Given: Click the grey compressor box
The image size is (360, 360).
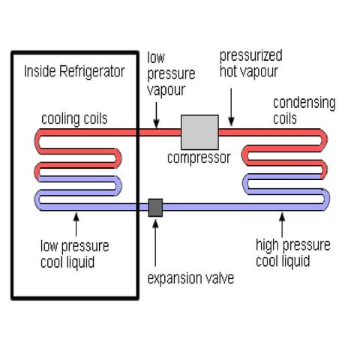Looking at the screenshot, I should click(199, 132).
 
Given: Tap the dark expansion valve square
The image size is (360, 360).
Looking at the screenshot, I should click(156, 207).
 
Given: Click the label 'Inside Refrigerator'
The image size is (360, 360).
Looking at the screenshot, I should click(74, 72).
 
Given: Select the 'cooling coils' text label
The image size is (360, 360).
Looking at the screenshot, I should click(74, 118).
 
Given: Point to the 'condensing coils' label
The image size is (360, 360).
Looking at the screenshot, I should click(304, 109).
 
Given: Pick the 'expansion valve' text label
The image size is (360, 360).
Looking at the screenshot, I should click(190, 278).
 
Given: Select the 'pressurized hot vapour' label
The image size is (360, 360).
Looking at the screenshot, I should click(250, 64).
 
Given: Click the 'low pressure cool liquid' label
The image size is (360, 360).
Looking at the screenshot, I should click(75, 253).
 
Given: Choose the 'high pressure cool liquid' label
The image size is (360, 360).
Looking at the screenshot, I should click(292, 253).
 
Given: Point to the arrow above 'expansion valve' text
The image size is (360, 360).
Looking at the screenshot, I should click(156, 244).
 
